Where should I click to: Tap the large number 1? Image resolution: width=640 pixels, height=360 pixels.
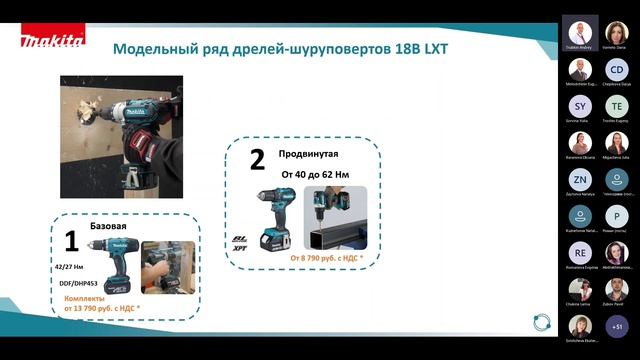click(71, 240)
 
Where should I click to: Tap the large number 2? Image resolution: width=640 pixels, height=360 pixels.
click(257, 160)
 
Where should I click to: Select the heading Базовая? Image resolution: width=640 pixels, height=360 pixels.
click(109, 226)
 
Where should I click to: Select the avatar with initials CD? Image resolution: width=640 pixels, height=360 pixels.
click(617, 69)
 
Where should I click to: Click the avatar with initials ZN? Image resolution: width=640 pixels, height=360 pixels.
click(581, 178)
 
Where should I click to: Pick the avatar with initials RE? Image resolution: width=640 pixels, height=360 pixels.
click(581, 251)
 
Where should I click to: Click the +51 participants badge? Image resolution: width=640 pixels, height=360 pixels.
click(617, 326)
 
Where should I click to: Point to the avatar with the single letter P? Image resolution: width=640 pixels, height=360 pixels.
click(617, 214)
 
